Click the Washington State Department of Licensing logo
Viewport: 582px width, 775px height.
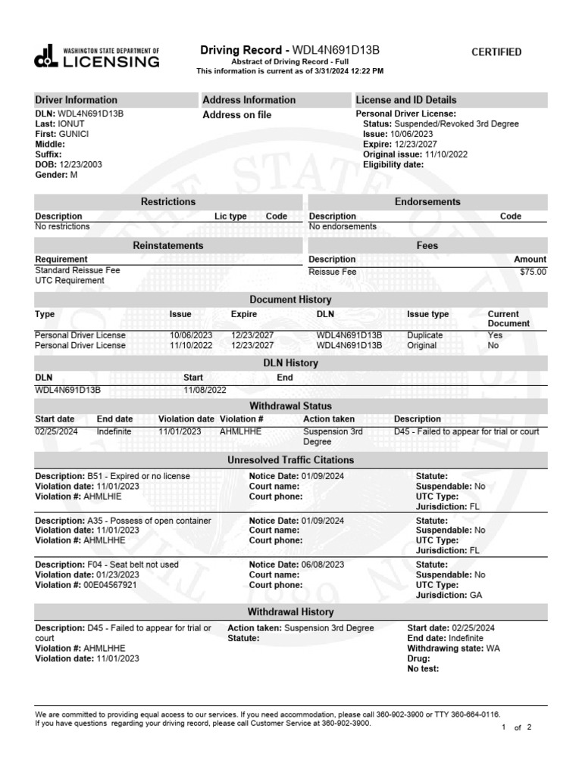click(x=97, y=57)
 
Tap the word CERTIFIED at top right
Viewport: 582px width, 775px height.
click(x=496, y=52)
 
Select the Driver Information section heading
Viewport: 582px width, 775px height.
click(x=77, y=100)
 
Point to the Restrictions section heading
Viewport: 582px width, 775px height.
click(x=168, y=202)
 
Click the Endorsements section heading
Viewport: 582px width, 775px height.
click(x=427, y=202)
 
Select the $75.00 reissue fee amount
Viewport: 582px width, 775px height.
click(x=533, y=272)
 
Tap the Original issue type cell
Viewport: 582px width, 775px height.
click(x=422, y=345)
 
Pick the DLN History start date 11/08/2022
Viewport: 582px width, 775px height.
click(x=205, y=390)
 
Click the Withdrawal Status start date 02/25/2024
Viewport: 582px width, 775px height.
click(x=55, y=431)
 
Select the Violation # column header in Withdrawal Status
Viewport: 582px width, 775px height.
click(x=241, y=419)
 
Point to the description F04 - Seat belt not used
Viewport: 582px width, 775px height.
click(x=107, y=565)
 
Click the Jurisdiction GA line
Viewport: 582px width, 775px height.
click(x=449, y=596)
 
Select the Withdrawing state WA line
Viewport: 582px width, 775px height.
click(x=453, y=649)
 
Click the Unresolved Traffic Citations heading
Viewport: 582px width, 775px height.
click(x=290, y=460)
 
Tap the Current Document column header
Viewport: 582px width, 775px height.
click(x=508, y=319)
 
